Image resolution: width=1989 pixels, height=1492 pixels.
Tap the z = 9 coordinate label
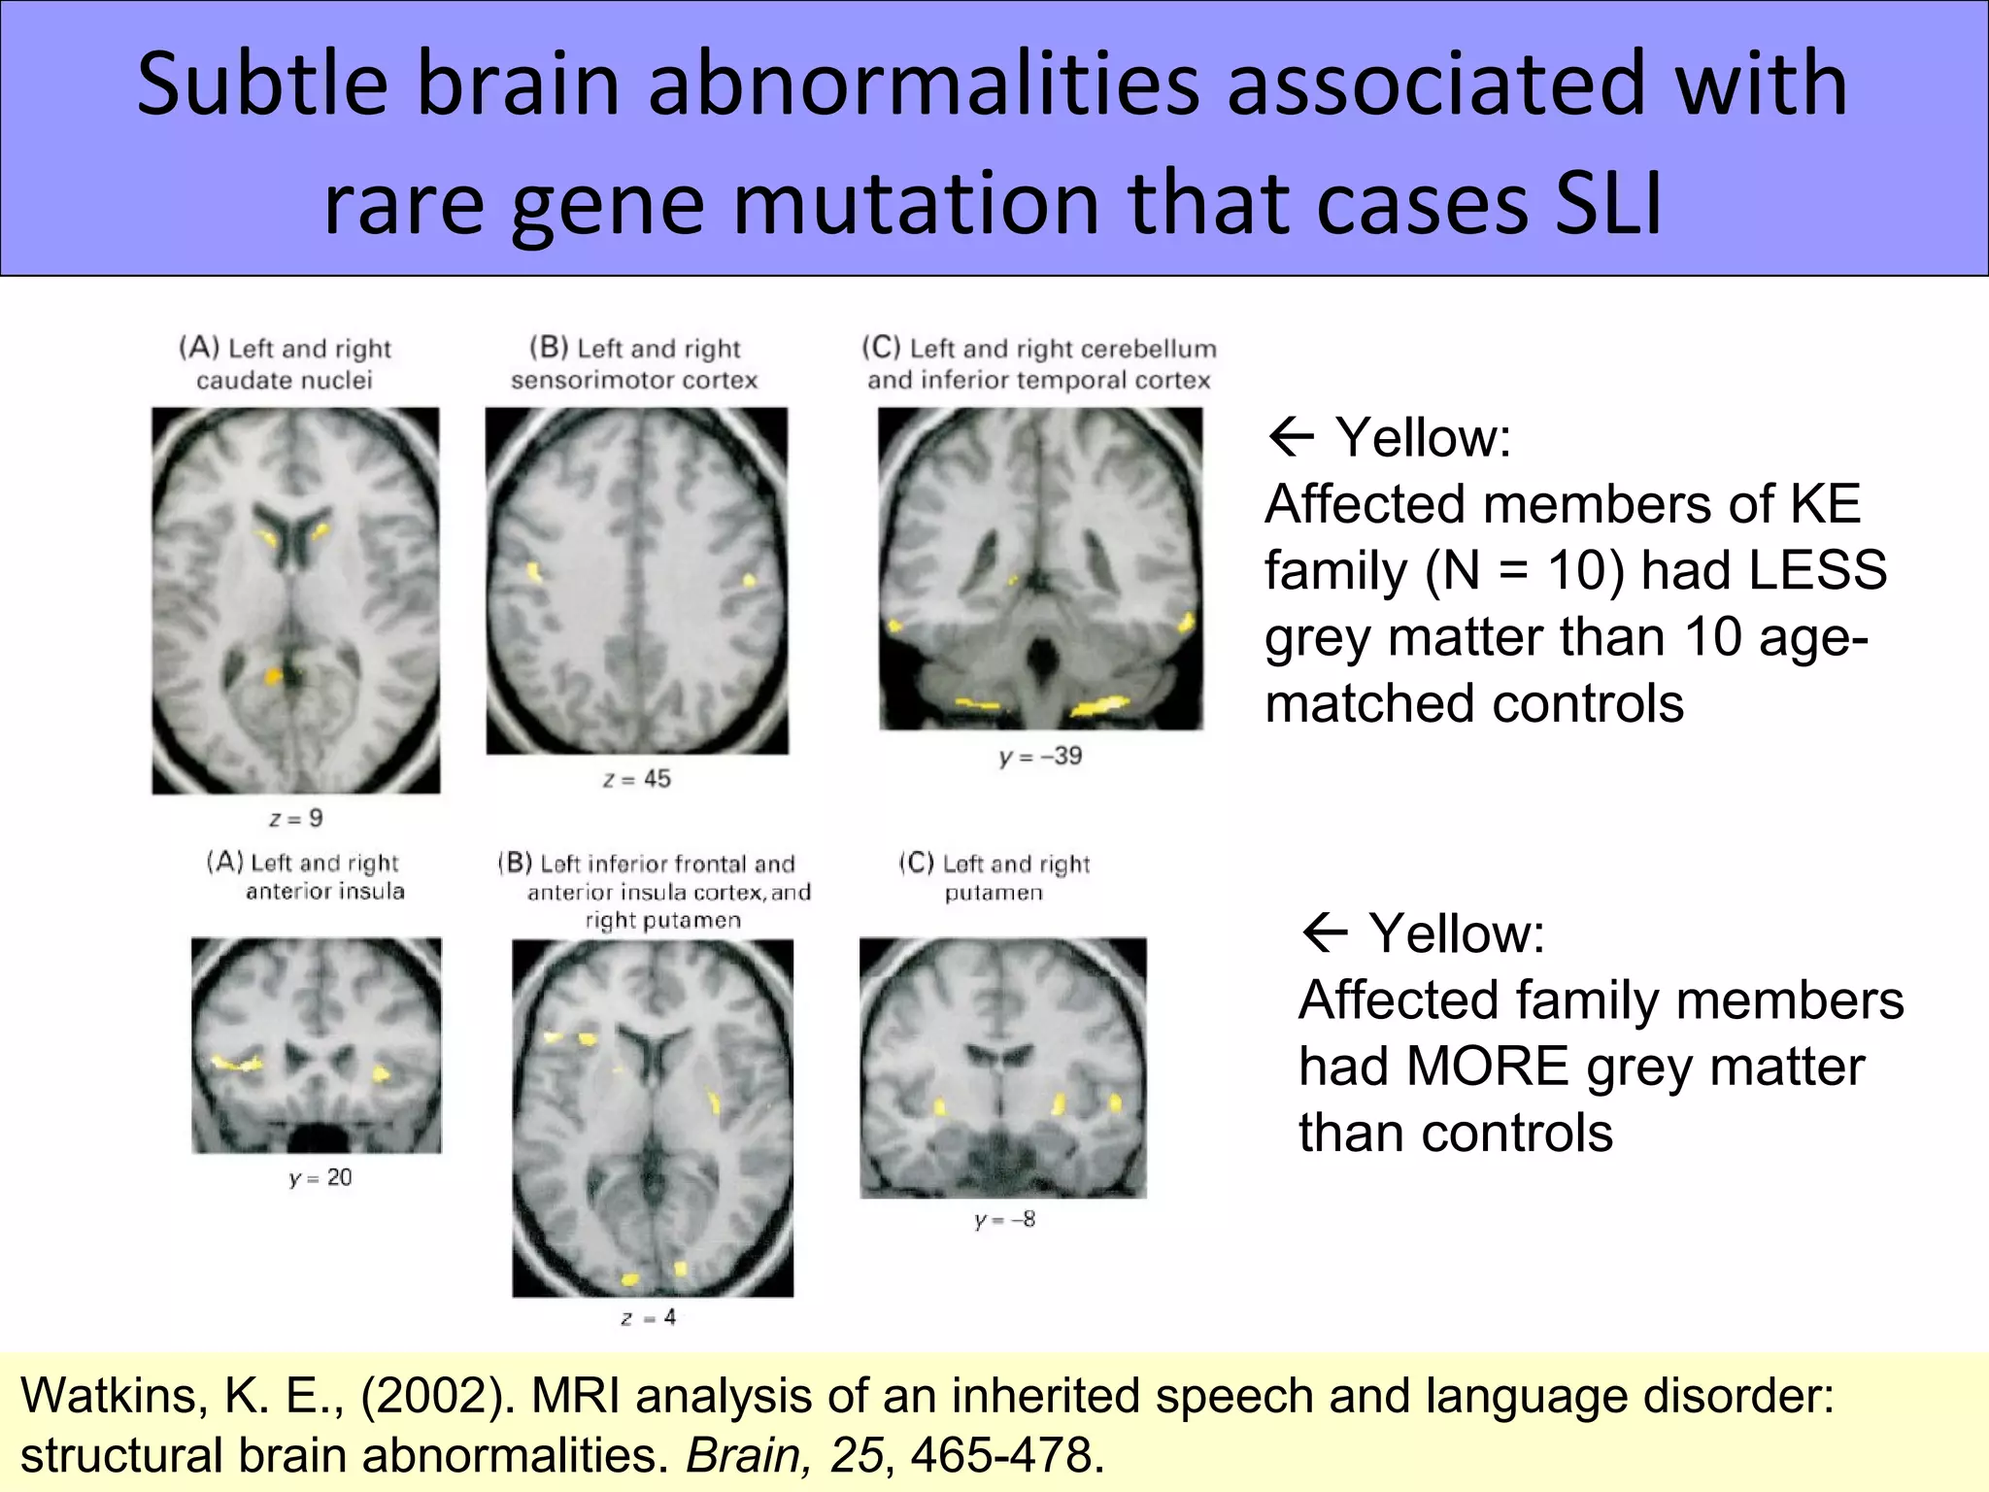point(296,819)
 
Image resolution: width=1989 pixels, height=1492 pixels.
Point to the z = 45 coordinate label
point(637,779)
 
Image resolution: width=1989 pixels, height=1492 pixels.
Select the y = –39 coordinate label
point(1040,757)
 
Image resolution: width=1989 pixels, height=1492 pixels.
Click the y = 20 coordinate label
point(320,1178)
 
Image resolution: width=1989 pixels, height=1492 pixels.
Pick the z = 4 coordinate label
point(649,1318)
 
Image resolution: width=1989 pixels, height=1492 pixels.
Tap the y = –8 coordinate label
point(1004,1220)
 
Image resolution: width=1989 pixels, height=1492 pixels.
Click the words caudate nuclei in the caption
point(285,381)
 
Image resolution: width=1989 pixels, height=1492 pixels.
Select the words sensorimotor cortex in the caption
point(634,381)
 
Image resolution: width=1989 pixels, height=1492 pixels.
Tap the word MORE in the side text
point(1487,1067)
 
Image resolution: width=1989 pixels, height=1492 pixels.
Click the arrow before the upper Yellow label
point(1292,438)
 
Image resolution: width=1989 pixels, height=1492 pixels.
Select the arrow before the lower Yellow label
point(1325,933)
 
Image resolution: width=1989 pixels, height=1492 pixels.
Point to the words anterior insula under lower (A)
point(325,892)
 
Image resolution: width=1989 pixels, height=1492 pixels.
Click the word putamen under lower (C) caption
point(994,893)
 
